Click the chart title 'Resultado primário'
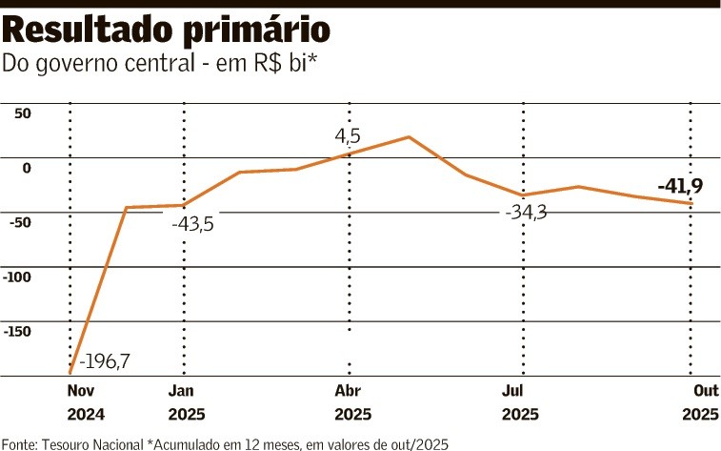[x=168, y=32]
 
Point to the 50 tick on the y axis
[x=22, y=113]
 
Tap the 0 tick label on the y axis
[x=27, y=168]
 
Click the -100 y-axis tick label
[x=18, y=277]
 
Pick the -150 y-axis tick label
[x=18, y=331]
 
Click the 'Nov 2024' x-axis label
[x=85, y=402]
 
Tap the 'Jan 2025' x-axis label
[x=185, y=402]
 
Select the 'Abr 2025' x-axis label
[x=352, y=402]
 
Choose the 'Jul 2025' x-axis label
[x=520, y=402]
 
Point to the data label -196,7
[x=106, y=361]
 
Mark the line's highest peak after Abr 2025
[x=409, y=137]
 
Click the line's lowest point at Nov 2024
[x=70, y=372]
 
